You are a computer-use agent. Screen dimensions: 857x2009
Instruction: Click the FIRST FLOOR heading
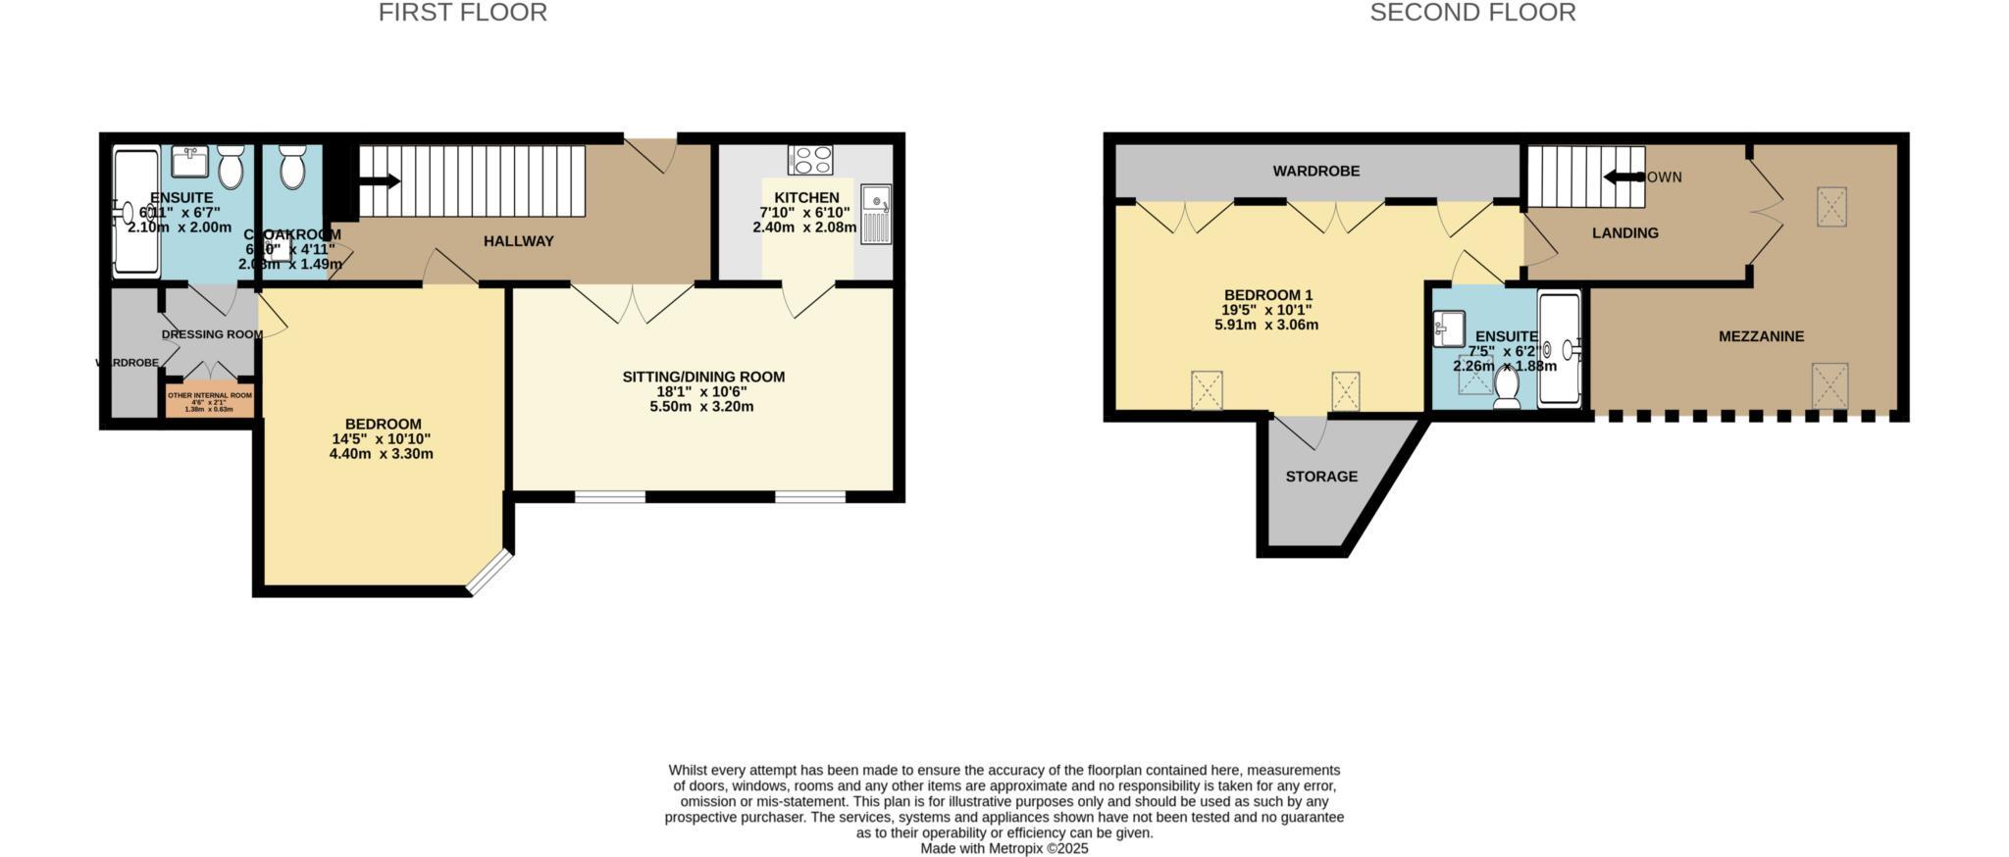point(462,13)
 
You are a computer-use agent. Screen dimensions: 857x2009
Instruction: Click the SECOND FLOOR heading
point(1472,13)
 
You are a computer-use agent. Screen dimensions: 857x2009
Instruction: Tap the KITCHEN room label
point(806,197)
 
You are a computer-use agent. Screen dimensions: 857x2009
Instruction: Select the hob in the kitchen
point(810,160)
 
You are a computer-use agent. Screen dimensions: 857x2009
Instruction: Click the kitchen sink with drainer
point(876,214)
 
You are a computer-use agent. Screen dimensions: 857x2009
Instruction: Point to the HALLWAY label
point(518,241)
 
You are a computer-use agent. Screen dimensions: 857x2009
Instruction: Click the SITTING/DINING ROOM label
point(703,377)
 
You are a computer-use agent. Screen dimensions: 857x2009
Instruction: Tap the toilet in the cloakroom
point(292,168)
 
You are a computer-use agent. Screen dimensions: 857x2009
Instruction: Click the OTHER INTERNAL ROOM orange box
point(210,401)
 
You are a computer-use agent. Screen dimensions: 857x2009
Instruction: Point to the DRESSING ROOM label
point(212,334)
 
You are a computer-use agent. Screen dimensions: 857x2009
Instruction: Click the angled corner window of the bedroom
point(489,573)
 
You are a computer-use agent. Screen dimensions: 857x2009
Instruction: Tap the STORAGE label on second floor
point(1321,477)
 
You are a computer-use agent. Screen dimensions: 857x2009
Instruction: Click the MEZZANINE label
point(1761,336)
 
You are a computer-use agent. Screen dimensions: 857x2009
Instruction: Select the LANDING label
point(1624,233)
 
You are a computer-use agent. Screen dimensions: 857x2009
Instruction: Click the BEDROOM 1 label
point(1267,295)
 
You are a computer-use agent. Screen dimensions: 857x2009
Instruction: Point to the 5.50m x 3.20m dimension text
point(701,406)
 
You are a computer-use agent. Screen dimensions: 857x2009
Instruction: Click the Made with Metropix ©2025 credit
point(1004,849)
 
